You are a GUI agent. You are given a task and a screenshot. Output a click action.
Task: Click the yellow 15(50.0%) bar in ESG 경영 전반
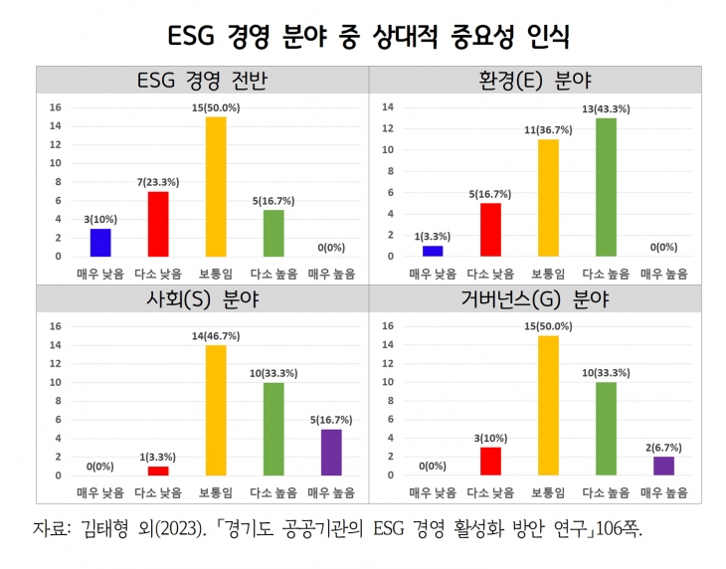tap(216, 186)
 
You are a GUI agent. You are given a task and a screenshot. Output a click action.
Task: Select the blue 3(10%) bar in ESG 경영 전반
tap(100, 242)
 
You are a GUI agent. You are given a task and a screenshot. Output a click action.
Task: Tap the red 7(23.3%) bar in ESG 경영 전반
tap(158, 224)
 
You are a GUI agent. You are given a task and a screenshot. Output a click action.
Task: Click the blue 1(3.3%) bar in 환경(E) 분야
tap(433, 251)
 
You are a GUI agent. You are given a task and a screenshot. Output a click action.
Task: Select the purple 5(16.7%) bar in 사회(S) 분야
tap(331, 452)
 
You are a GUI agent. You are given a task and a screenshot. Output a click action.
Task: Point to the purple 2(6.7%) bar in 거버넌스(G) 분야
tap(664, 466)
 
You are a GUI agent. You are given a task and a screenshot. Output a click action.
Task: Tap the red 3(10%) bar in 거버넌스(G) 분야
tap(489, 461)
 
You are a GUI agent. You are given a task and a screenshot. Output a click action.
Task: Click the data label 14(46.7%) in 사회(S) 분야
tap(216, 337)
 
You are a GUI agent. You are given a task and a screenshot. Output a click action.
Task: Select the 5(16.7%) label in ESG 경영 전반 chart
tap(273, 200)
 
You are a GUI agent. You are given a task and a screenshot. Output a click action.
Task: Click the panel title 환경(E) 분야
tap(535, 80)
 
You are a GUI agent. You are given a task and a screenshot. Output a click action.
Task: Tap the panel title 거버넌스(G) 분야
tap(535, 297)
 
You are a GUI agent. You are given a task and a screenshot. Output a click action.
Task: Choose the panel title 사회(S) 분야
tap(202, 297)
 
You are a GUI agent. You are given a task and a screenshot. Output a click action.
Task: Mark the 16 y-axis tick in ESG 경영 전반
tap(57, 107)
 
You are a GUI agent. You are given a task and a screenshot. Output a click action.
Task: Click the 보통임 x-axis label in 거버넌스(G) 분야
tap(547, 492)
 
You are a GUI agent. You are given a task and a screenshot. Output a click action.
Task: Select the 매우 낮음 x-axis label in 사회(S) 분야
tap(100, 492)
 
